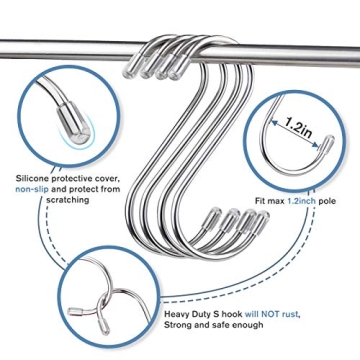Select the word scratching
pyautogui.click(x=67, y=199)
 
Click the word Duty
pyautogui.click(x=201, y=313)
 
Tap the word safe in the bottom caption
pyautogui.click(x=218, y=323)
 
